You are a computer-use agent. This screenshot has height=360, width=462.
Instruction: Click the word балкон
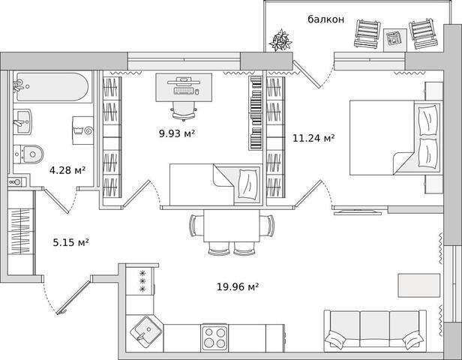pos(325,19)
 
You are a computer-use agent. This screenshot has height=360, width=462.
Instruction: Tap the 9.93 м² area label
pos(177,133)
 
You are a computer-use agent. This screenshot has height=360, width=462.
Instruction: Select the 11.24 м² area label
pos(313,138)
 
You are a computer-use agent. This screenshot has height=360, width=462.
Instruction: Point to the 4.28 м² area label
pos(67,170)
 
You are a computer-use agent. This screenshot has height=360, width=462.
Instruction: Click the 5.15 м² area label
pos(71,242)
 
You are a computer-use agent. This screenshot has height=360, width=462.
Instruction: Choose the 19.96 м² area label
pos(238,286)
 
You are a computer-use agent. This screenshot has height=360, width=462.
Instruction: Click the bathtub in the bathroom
pos(52,87)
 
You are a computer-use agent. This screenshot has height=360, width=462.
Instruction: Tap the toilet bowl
pos(28,154)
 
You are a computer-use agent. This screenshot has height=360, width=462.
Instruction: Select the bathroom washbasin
pos(22,121)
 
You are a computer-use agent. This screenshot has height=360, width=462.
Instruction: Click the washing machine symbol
pos(83,130)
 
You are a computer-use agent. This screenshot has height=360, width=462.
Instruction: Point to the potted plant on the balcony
pos(280,40)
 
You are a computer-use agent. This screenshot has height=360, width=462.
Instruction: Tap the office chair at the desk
pos(184,111)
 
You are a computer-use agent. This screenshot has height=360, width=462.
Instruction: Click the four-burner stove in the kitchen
pos(214,337)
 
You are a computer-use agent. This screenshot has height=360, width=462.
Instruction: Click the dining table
pos(232,226)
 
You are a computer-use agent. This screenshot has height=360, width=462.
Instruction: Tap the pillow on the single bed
pos(247,184)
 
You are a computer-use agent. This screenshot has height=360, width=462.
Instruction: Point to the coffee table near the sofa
pos(419,285)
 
